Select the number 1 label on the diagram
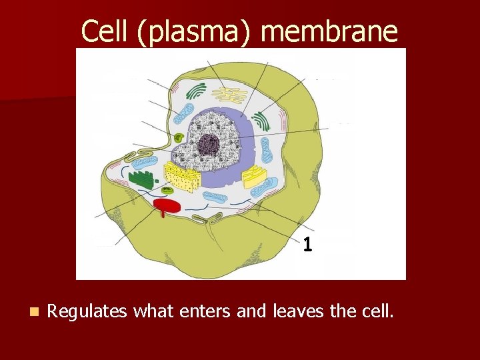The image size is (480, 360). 307,245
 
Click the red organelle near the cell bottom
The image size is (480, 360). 167,205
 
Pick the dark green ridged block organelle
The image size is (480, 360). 141,179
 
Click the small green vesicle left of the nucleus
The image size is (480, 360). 179,139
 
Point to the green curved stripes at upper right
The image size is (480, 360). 261,121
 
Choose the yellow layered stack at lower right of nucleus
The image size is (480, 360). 253,177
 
